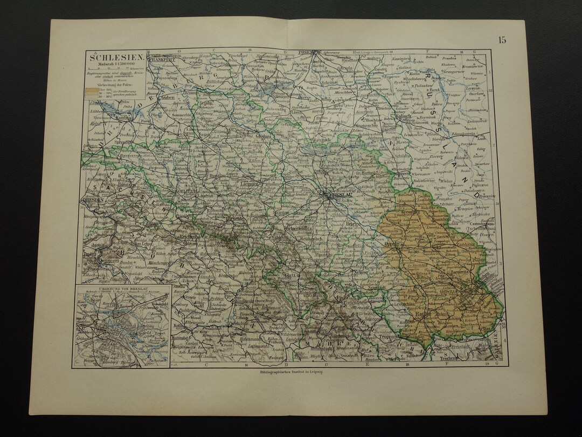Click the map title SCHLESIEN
(x=108, y=58)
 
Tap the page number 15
(x=502, y=40)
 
